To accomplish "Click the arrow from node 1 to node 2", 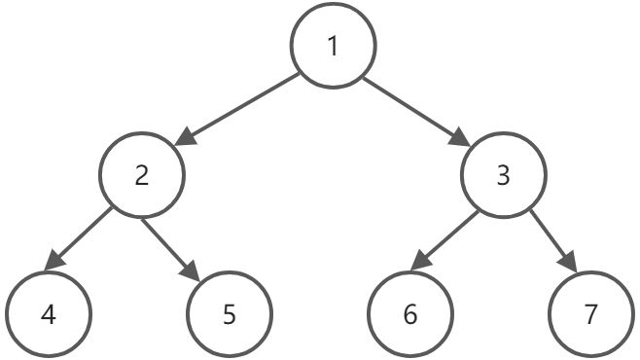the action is [x=237, y=110].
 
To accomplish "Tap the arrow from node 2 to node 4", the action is [x=78, y=239].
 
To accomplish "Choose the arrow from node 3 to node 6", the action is [x=444, y=241].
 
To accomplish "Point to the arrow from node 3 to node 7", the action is [x=553, y=241].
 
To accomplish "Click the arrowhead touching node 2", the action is [x=186, y=137].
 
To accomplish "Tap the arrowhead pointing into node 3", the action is [x=459, y=137].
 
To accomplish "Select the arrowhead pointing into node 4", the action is [x=53, y=261].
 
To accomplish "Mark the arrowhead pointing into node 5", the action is [x=191, y=271].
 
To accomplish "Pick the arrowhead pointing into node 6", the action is [x=421, y=261].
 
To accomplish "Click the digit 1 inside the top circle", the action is [x=333, y=46].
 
